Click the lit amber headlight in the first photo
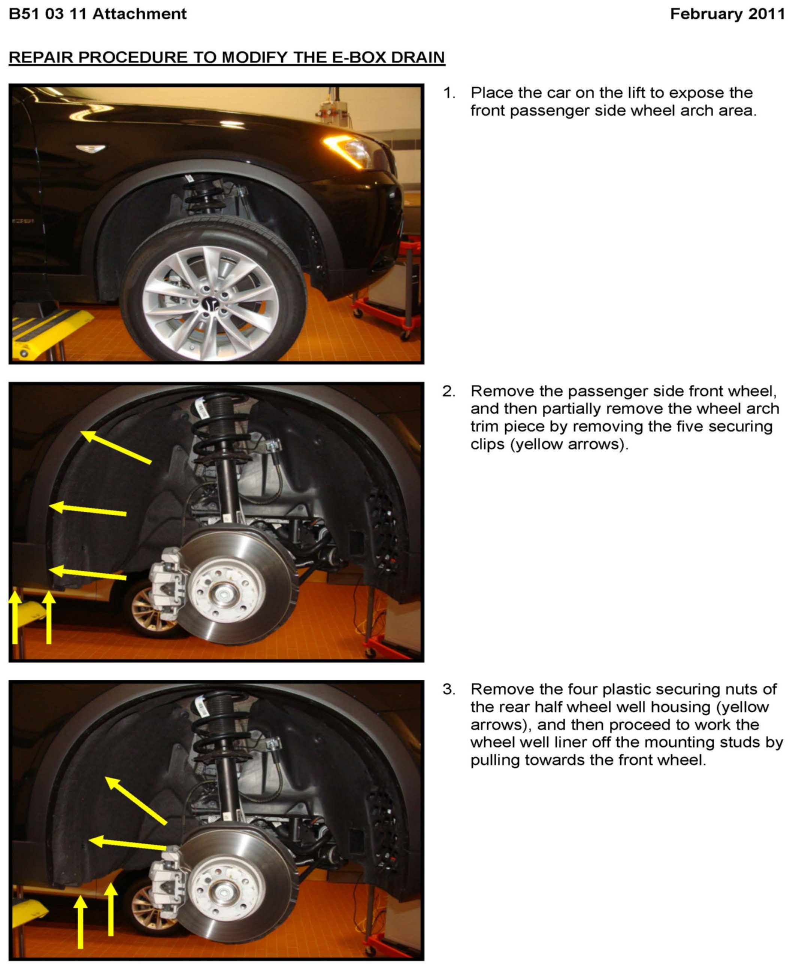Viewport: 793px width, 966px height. coord(349,150)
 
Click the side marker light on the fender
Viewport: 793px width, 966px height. coord(90,148)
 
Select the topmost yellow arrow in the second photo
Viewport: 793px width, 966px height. coord(116,447)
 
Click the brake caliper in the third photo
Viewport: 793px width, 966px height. coord(167,883)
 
